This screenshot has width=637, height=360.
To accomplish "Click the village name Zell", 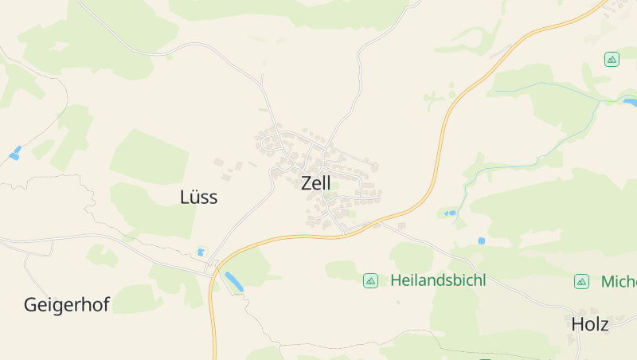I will tap(316, 183).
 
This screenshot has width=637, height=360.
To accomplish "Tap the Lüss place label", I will tap(199, 198).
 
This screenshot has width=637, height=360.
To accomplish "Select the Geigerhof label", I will tap(66, 305).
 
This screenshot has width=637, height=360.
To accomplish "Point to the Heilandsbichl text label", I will tap(438, 280).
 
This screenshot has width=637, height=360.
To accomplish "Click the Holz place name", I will tap(590, 324).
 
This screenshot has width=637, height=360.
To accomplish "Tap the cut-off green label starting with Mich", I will tap(618, 281).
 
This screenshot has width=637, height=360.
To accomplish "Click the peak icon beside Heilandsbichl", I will tap(370, 280).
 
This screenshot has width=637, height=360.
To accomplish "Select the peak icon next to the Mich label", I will tap(582, 281).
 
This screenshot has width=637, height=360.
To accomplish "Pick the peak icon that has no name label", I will tap(612, 59).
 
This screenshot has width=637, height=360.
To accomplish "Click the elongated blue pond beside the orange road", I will tap(234, 280).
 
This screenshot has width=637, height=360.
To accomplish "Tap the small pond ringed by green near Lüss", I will tap(201, 252).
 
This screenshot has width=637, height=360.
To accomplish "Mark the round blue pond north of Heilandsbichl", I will tap(481, 240).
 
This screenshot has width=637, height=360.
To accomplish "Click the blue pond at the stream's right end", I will tap(631, 102).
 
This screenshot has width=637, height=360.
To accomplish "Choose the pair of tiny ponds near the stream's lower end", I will tap(451, 213).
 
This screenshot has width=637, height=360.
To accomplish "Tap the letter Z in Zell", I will tap(307, 183).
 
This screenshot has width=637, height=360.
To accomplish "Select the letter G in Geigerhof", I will tap(31, 305).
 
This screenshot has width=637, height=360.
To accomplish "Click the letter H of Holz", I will tap(577, 324).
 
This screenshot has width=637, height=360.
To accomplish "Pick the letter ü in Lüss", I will tap(196, 198).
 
